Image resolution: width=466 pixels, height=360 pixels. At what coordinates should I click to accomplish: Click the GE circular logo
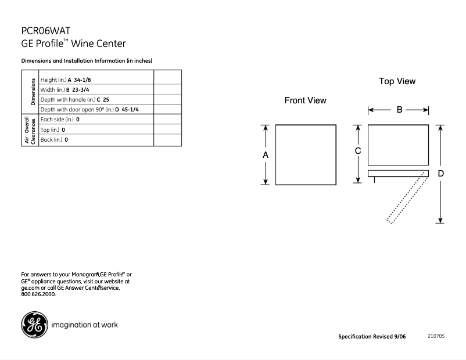click(x=34, y=325)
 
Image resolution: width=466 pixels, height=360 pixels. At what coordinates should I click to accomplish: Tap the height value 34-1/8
click(x=81, y=80)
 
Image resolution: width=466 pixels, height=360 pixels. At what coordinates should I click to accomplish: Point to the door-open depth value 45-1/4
click(x=130, y=110)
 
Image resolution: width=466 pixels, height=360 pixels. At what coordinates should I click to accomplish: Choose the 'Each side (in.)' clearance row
click(x=57, y=120)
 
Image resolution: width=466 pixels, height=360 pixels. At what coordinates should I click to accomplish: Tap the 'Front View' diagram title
click(x=305, y=100)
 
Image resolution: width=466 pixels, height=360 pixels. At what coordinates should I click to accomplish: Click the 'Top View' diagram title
click(x=397, y=81)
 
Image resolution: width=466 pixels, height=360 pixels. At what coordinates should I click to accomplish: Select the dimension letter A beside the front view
click(x=266, y=155)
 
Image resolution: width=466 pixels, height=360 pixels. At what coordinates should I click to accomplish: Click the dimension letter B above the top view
click(x=399, y=110)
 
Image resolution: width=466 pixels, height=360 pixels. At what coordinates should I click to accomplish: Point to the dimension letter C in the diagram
click(x=358, y=151)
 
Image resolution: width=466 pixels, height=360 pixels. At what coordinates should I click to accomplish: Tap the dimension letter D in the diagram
click(x=441, y=173)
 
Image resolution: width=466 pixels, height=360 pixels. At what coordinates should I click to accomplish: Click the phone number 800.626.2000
click(x=38, y=294)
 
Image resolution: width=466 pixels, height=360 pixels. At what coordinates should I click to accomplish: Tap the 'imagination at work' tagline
click(x=85, y=325)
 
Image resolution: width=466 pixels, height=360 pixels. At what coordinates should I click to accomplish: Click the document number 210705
click(x=436, y=336)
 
